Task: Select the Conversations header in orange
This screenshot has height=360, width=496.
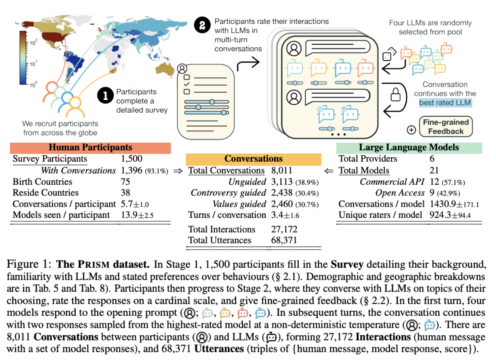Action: [x=254, y=159]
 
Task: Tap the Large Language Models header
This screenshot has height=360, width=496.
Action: [x=409, y=148]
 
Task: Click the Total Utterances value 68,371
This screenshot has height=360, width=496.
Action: [x=283, y=240]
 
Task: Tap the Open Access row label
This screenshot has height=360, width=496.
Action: [x=400, y=193]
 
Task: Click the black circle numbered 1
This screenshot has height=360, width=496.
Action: [x=105, y=96]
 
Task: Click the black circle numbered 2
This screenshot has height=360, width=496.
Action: [x=203, y=26]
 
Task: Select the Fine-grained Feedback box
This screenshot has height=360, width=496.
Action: [x=446, y=127]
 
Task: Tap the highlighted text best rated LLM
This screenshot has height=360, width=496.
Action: [x=445, y=103]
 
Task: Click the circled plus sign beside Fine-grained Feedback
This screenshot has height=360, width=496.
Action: [x=412, y=130]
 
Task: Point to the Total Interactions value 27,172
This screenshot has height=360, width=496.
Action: [x=283, y=229]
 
